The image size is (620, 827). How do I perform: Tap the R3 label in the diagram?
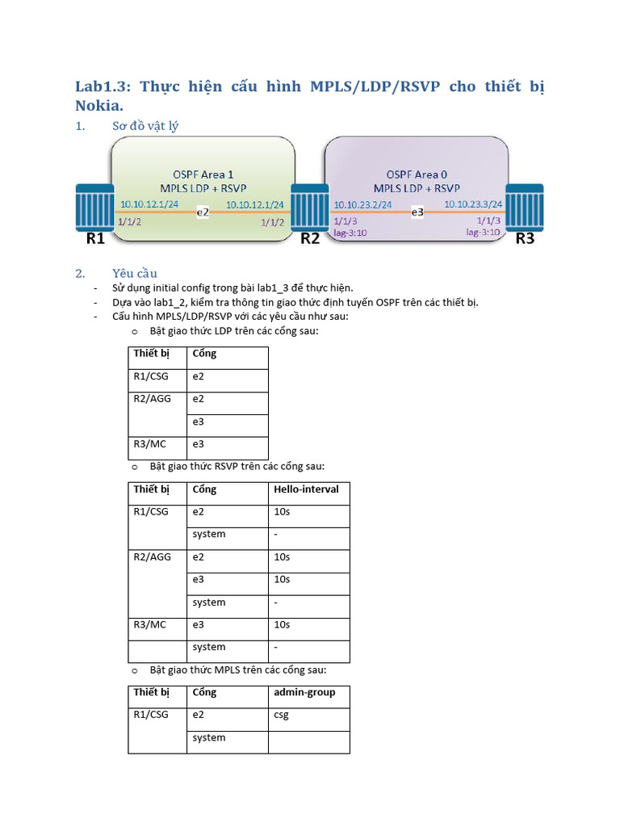(x=525, y=238)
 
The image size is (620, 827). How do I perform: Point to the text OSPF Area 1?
(x=203, y=174)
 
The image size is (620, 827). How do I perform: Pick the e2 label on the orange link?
(x=203, y=212)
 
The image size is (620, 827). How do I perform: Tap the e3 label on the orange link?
(x=417, y=212)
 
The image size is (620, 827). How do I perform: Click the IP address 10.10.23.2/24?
(x=362, y=204)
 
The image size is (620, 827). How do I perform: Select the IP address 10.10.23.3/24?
(x=473, y=204)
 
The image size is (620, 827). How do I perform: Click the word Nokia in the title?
(x=99, y=106)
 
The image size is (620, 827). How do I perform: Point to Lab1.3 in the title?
(x=102, y=86)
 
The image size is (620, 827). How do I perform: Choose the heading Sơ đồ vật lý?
(x=145, y=126)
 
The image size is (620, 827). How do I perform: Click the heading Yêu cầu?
(x=135, y=273)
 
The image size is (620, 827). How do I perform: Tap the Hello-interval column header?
(x=306, y=489)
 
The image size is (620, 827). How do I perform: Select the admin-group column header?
(x=304, y=692)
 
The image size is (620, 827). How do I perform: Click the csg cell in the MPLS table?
(x=281, y=715)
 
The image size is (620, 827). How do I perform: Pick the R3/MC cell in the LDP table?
(x=151, y=443)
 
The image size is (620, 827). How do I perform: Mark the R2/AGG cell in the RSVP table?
(x=153, y=557)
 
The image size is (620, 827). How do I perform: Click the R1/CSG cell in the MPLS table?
(x=151, y=715)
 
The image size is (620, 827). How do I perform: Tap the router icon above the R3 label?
(x=523, y=208)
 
